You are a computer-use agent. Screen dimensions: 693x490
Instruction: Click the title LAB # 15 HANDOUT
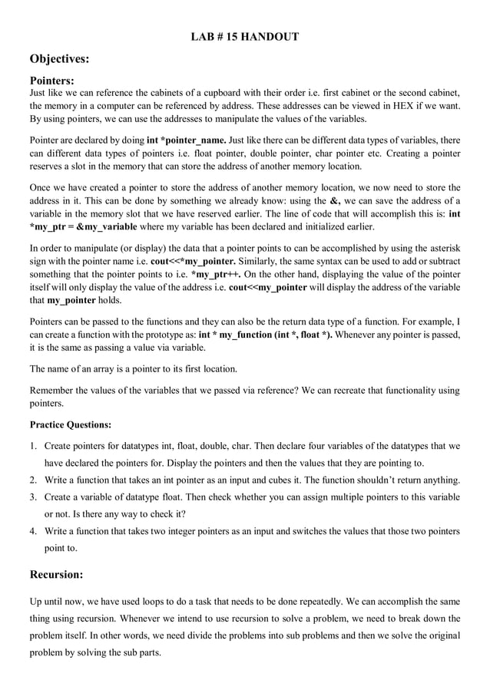(x=244, y=36)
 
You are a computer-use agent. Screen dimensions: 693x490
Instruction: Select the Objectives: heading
(x=60, y=58)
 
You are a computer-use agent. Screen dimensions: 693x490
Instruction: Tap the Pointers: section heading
(x=51, y=80)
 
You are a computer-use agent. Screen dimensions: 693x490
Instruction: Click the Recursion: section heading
(x=56, y=573)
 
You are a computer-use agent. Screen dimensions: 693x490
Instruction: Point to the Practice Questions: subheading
(x=71, y=424)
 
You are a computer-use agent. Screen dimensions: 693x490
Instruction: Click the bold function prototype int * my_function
(x=238, y=335)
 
